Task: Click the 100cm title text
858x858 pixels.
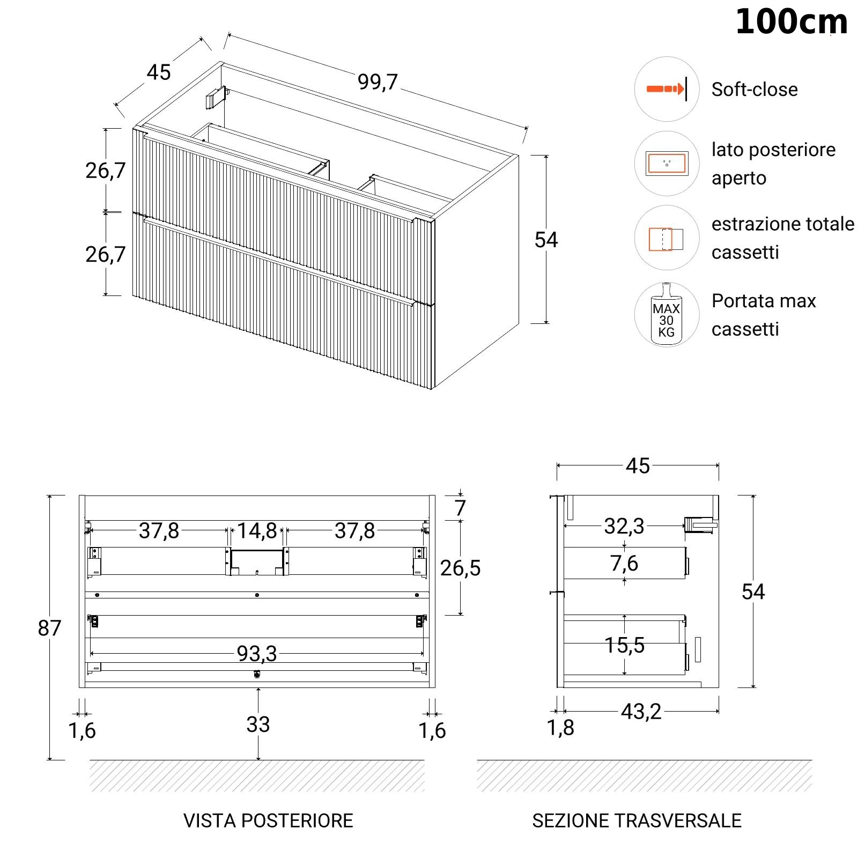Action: [791, 23]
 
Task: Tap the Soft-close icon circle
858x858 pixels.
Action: [667, 89]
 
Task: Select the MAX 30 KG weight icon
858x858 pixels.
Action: [667, 315]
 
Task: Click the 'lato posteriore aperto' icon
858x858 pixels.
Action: [667, 163]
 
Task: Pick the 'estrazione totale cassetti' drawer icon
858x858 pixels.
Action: [667, 238]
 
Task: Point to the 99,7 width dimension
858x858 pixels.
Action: [378, 82]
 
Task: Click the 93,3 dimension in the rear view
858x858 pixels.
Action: [257, 654]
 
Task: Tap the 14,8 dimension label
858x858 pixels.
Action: [257, 531]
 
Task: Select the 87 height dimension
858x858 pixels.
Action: [49, 628]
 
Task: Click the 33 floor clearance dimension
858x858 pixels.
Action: [258, 724]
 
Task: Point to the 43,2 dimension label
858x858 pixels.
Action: [641, 712]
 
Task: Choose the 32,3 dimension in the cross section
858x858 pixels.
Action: [624, 526]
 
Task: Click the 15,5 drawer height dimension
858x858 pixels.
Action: [624, 645]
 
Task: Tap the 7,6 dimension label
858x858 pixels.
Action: [624, 564]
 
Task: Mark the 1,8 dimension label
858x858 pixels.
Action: [560, 728]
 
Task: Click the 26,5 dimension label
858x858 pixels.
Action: [460, 568]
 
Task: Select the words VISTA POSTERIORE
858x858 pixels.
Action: [268, 820]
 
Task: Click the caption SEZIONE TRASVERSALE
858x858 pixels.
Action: [637, 820]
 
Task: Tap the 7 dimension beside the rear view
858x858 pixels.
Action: [460, 508]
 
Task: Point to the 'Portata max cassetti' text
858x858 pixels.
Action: [764, 315]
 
